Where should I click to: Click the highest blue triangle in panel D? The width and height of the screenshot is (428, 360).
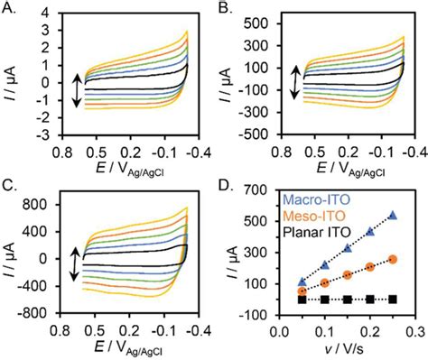point(393,216)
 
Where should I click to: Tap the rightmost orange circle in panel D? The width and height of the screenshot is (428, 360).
point(393,259)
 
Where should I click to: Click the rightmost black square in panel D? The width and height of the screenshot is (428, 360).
point(393,299)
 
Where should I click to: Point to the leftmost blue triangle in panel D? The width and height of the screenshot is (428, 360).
point(302,282)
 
